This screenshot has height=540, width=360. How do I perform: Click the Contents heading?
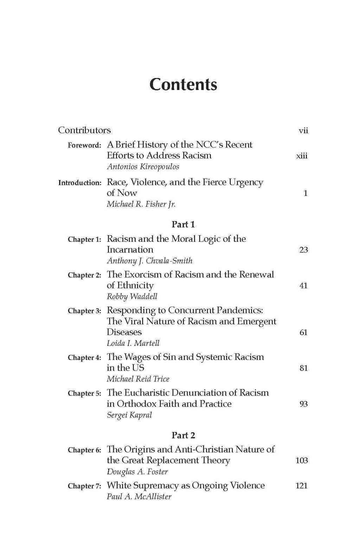click(x=183, y=85)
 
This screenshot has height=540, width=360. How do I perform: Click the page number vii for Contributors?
click(x=303, y=131)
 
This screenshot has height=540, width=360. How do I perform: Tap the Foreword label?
click(x=84, y=145)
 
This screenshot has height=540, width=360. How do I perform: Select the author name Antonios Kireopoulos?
click(x=143, y=167)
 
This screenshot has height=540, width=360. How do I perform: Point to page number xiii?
click(x=302, y=156)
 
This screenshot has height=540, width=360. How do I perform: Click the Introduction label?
click(x=80, y=183)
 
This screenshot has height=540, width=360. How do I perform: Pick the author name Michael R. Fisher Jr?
click(x=141, y=204)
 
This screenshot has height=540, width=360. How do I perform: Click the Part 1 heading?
click(x=183, y=224)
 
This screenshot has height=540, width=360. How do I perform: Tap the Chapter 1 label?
click(x=84, y=239)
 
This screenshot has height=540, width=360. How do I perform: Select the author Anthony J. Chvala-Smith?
click(x=149, y=261)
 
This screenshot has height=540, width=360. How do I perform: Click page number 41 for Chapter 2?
click(x=303, y=285)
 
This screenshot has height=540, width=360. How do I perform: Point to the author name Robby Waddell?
click(x=132, y=296)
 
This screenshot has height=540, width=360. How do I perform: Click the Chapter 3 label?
click(x=84, y=311)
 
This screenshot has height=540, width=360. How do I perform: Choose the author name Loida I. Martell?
click(x=133, y=343)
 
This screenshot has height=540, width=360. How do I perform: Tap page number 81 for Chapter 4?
click(x=303, y=368)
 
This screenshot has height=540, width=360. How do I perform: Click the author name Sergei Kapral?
click(x=129, y=415)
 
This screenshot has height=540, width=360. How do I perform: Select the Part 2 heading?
click(x=183, y=435)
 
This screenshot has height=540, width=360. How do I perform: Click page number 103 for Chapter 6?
click(x=302, y=461)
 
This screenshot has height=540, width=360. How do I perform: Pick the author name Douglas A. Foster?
click(x=137, y=472)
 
